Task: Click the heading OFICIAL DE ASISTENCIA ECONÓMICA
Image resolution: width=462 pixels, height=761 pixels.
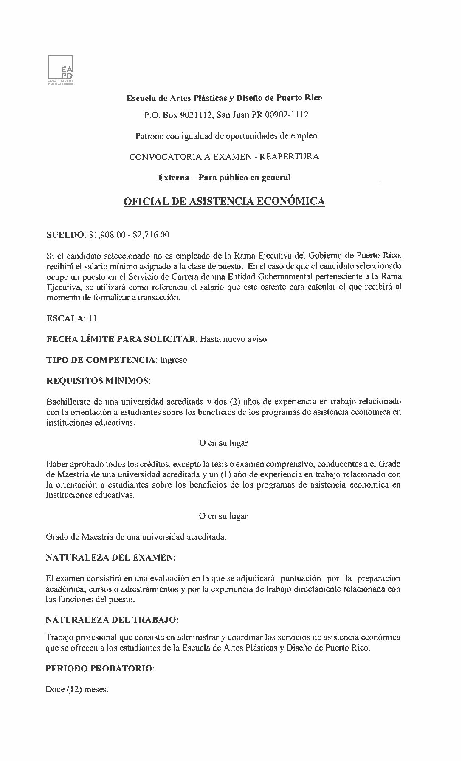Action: pyautogui.click(x=224, y=201)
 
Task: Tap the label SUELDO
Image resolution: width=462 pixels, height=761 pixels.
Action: pyautogui.click(x=65, y=235)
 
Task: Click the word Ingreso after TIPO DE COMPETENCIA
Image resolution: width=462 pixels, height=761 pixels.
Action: pyautogui.click(x=173, y=360)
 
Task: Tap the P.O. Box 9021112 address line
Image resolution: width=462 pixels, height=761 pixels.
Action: pyautogui.click(x=224, y=115)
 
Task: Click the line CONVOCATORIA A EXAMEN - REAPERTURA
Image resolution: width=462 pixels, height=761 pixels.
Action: pyautogui.click(x=224, y=156)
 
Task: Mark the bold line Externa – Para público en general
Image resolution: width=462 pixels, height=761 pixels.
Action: pyautogui.click(x=224, y=178)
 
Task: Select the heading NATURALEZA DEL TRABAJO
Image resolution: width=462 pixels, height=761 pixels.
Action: pyautogui.click(x=112, y=620)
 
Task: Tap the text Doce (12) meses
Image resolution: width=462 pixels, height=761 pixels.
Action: pyautogui.click(x=77, y=689)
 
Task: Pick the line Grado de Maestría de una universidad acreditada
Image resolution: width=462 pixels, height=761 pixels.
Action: pyautogui.click(x=136, y=537)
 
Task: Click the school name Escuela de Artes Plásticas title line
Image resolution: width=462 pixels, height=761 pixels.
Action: pyautogui.click(x=224, y=98)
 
